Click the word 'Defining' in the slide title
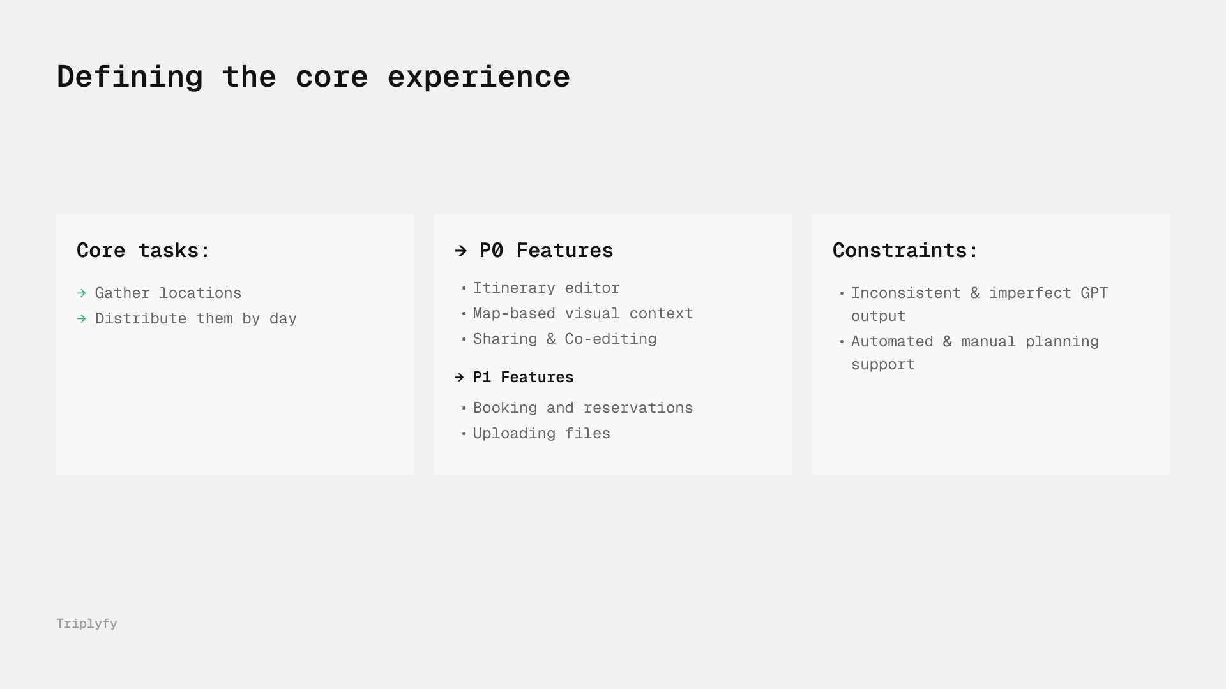click(x=130, y=77)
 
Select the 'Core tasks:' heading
click(x=143, y=250)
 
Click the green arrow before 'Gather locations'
click(x=81, y=293)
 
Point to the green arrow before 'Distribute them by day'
click(x=81, y=319)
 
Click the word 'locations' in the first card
click(x=201, y=293)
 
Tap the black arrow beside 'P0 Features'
click(x=461, y=251)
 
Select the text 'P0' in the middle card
click(x=491, y=250)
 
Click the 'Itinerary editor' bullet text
click(x=546, y=288)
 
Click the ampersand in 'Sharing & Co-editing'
click(x=550, y=339)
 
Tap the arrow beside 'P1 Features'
click(x=459, y=378)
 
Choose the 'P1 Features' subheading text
click(x=523, y=378)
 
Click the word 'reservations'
click(x=638, y=408)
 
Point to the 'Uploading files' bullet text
click(x=541, y=434)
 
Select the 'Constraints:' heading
click(x=905, y=250)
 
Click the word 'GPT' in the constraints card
click(x=1094, y=293)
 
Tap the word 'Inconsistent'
click(x=906, y=293)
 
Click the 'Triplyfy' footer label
click(x=87, y=624)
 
